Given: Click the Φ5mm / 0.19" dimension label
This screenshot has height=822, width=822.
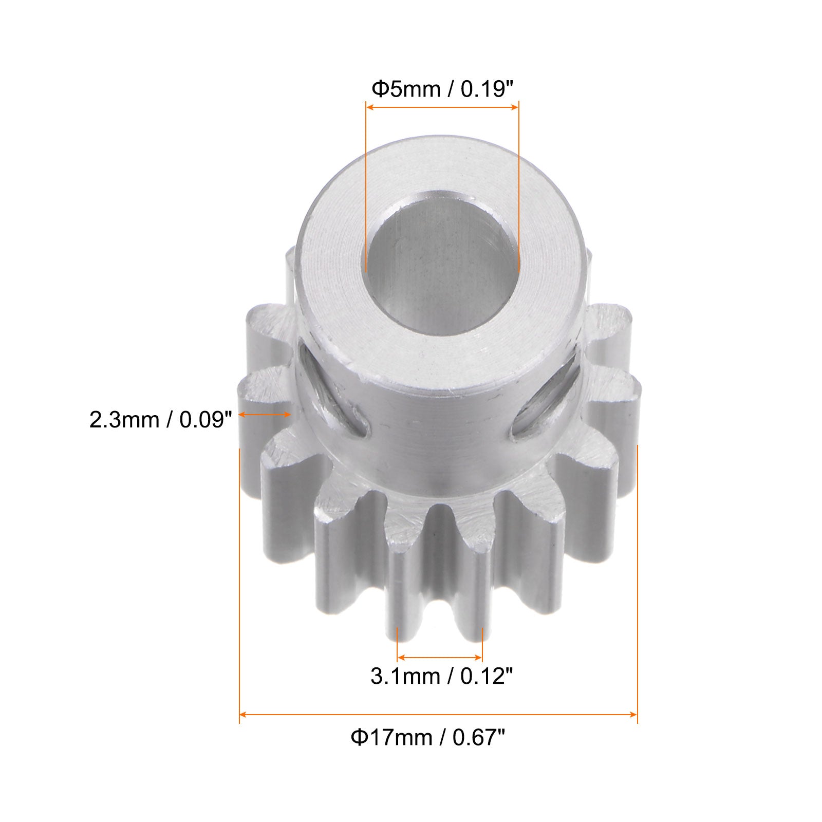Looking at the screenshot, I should [442, 89].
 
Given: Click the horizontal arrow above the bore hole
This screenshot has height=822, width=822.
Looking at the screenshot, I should [442, 107].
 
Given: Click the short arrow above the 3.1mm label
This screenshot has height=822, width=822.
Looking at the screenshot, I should [440, 657].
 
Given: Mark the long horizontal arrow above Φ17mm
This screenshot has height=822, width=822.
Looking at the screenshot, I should [438, 714].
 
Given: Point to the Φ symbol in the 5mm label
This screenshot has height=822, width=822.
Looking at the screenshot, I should [379, 89].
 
